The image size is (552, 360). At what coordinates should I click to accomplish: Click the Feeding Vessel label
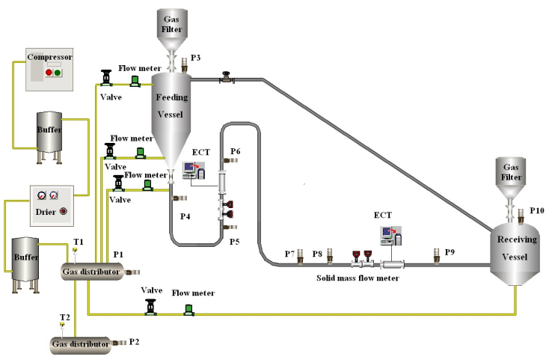tap(171, 106)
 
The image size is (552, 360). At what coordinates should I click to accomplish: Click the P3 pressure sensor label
tap(196, 58)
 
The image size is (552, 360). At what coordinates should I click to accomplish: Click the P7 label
tap(289, 254)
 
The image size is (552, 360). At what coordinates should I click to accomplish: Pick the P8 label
tap(317, 254)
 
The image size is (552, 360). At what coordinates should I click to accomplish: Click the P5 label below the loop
tap(234, 242)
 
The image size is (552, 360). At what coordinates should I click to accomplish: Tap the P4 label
tap(185, 216)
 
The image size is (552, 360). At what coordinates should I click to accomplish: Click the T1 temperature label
tap(79, 241)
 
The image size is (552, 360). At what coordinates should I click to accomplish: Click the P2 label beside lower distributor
tap(135, 342)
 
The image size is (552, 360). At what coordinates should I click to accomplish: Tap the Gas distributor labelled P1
tap(91, 272)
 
